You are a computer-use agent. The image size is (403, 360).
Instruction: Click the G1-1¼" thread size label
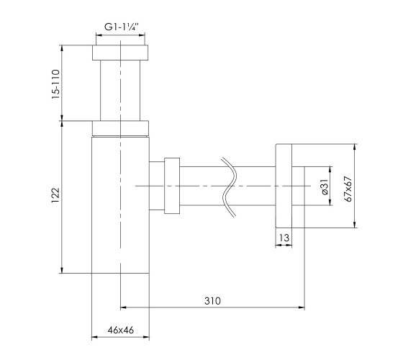point(122,27)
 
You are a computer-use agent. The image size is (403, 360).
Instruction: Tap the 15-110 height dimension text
point(55,84)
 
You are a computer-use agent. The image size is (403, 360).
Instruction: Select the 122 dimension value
point(55,195)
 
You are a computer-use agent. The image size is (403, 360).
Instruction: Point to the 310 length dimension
point(212,301)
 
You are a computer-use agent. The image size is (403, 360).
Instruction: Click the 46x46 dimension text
point(121,330)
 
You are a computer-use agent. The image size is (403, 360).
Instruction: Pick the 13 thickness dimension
point(284,238)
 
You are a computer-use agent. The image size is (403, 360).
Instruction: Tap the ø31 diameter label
point(325,187)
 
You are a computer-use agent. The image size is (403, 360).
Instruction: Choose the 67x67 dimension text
point(348,189)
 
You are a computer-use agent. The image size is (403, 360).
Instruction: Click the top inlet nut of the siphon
point(120,53)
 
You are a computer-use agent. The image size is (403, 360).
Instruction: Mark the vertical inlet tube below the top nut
point(120,90)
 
